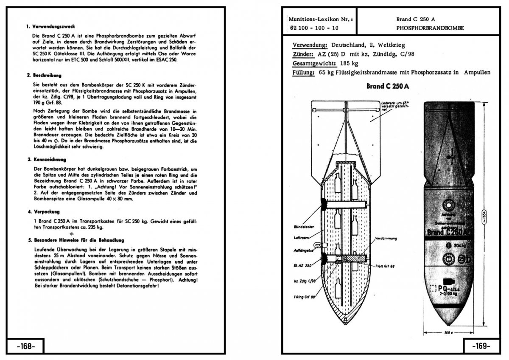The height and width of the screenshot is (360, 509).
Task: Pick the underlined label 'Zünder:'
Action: pyautogui.click(x=303, y=54)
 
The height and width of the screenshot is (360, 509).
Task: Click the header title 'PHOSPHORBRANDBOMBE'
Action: pyautogui.click(x=430, y=28)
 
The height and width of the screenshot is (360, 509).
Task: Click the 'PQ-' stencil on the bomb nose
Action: pyautogui.click(x=441, y=289)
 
